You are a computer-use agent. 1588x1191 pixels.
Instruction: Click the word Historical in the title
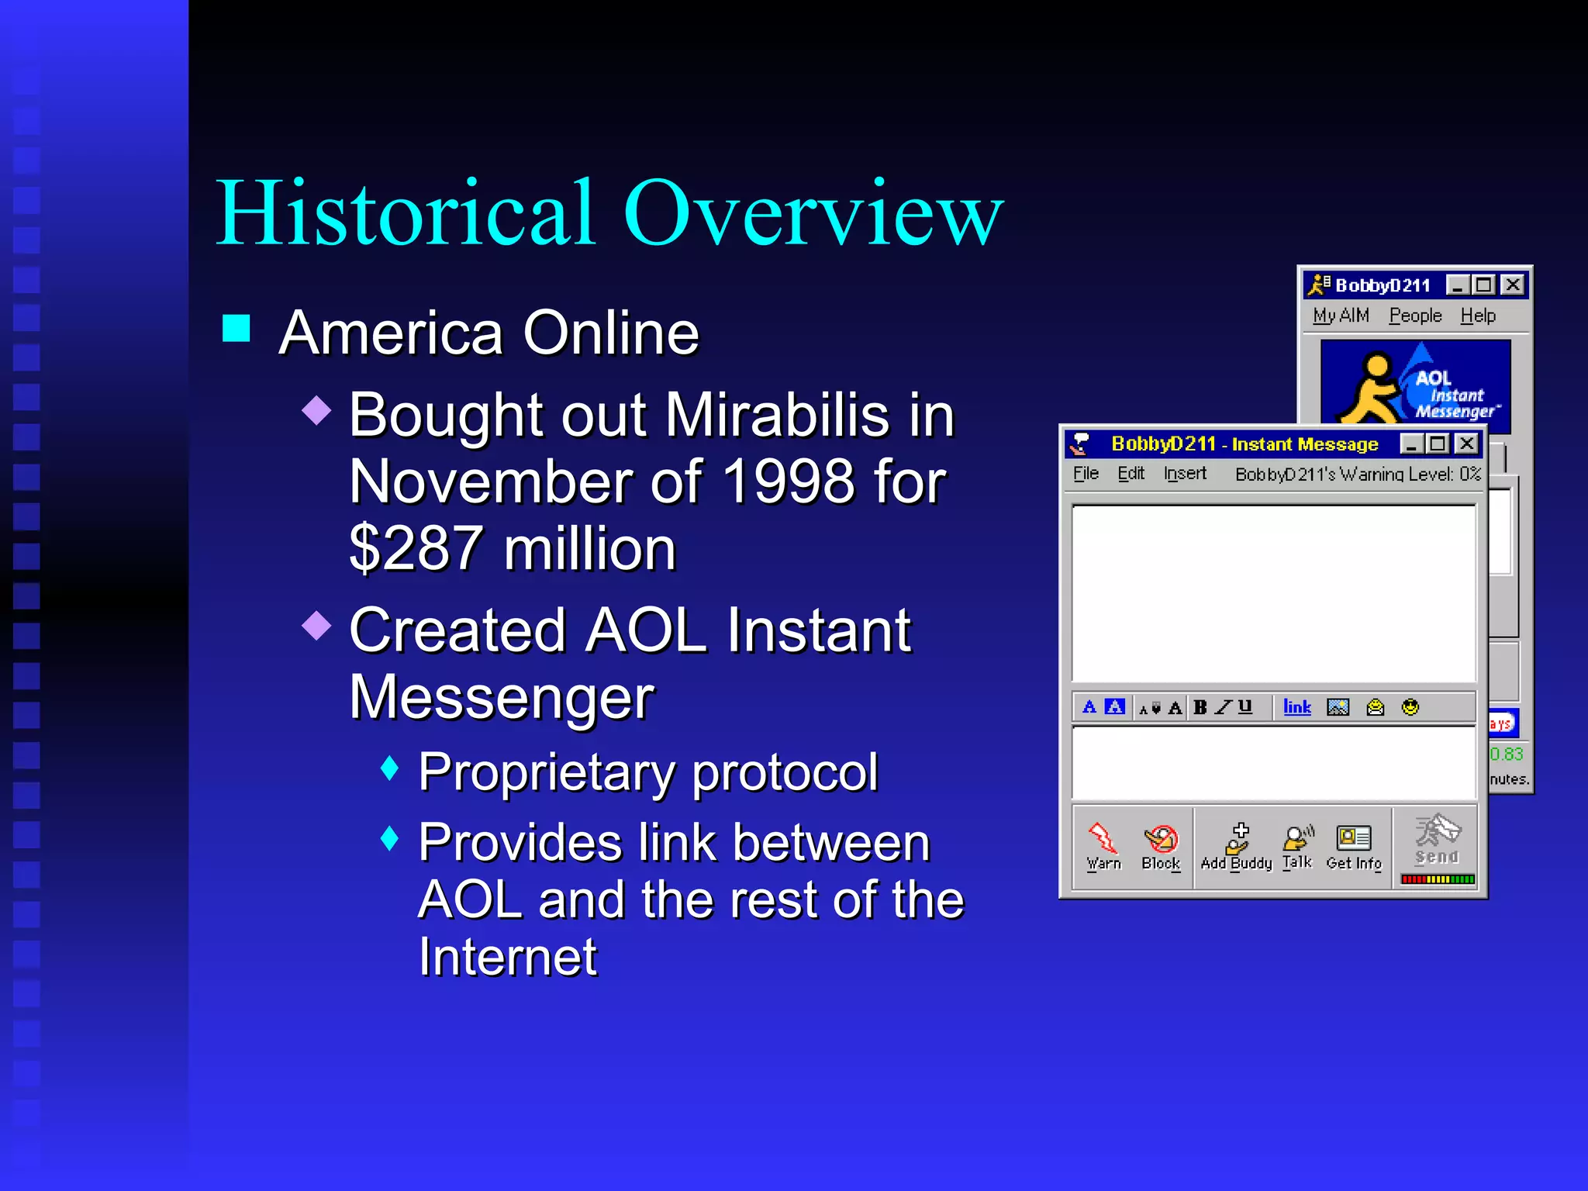[x=406, y=213]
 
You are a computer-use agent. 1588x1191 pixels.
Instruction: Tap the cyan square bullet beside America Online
[x=236, y=329]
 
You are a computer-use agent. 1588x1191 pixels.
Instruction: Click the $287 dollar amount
[x=416, y=549]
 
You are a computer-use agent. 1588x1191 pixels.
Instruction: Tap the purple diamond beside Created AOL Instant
[x=316, y=625]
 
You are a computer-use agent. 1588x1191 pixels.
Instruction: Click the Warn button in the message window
[x=1103, y=847]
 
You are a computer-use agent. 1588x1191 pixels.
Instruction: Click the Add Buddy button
[x=1237, y=847]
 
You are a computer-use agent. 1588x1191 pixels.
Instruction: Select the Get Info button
[x=1354, y=847]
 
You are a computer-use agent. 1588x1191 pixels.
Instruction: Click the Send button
[x=1437, y=841]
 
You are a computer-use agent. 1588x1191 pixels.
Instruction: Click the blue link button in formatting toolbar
[x=1296, y=707]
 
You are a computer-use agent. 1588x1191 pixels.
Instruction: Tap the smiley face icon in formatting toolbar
[x=1410, y=707]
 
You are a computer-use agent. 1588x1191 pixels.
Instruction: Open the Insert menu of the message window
[x=1185, y=474]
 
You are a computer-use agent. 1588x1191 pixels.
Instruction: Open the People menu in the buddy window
[x=1415, y=316]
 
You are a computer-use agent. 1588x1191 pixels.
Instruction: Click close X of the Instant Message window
[x=1466, y=444]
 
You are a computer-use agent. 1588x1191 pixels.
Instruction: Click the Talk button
[x=1297, y=847]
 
